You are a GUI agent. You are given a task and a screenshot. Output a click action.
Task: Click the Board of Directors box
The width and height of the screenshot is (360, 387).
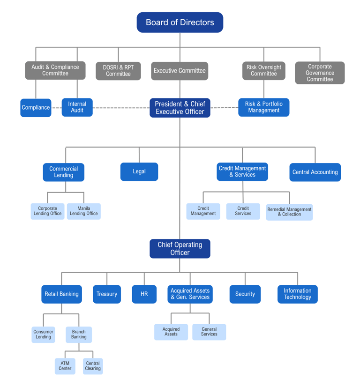(180, 22)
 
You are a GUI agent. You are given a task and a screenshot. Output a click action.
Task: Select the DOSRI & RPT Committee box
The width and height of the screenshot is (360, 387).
(118, 71)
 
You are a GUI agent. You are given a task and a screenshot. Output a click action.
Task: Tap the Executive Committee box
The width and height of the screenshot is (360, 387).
(180, 71)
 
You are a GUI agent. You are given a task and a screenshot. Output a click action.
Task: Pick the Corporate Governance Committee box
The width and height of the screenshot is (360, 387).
(320, 73)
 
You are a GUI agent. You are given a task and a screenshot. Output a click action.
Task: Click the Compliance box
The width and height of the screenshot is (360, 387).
(36, 108)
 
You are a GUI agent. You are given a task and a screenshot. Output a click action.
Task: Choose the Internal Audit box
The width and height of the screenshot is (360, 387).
(77, 107)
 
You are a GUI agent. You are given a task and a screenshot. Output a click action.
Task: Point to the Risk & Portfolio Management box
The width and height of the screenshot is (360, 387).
(264, 107)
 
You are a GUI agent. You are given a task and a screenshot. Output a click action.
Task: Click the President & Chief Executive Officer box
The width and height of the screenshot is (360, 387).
(180, 108)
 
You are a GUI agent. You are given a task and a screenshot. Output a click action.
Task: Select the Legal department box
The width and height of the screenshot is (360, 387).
(139, 171)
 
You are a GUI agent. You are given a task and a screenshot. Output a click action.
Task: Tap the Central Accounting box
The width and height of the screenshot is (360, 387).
(315, 172)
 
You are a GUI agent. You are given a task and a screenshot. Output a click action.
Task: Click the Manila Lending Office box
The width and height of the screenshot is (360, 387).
(84, 211)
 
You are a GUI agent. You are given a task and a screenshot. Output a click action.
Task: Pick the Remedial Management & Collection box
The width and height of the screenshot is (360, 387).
(289, 212)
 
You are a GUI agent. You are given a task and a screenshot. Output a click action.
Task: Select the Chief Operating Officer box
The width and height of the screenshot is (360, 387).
(180, 248)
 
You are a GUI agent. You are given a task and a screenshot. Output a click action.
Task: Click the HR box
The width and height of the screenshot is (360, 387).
(144, 294)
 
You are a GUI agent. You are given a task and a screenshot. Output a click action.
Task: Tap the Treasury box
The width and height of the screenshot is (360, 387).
(107, 294)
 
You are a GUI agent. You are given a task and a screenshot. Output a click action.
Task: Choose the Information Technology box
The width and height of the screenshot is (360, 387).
(298, 294)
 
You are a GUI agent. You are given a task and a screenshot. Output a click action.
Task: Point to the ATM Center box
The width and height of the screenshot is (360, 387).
(65, 366)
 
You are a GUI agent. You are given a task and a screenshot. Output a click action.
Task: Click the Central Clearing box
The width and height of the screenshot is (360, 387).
(93, 366)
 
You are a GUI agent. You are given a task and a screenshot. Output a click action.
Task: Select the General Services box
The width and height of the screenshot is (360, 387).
(209, 332)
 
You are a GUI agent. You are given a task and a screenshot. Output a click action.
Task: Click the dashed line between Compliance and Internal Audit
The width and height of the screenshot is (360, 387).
(57, 108)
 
